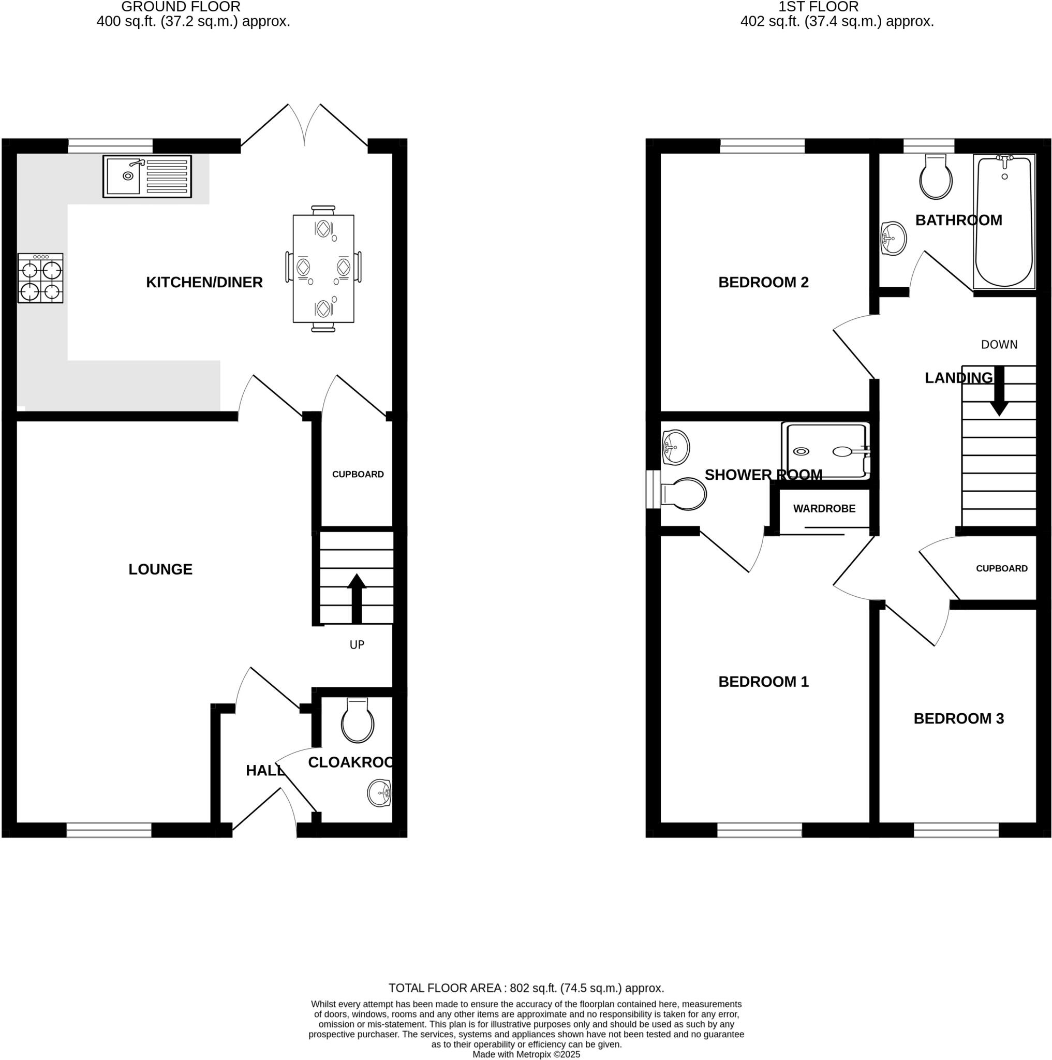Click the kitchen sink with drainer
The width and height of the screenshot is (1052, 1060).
147,176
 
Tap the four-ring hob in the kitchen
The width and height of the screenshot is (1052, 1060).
40,278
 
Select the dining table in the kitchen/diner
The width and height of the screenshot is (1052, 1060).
323,268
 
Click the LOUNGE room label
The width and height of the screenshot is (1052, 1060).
160,569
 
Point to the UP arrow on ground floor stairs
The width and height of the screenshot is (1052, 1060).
357,598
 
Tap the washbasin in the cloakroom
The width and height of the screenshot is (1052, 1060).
379,793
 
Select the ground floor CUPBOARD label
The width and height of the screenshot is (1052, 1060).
358,474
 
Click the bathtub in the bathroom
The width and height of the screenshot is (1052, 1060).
1004,221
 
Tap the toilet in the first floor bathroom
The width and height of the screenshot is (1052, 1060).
936,177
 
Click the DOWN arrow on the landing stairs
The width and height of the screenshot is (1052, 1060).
999,392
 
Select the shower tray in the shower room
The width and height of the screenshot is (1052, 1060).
826,451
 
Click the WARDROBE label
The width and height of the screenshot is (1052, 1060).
824,509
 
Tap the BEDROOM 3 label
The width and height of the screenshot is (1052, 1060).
958,718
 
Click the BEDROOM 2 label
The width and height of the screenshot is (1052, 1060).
763,282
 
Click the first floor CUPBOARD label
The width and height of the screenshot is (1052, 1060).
1001,568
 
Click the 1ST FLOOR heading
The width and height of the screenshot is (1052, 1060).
818,7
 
